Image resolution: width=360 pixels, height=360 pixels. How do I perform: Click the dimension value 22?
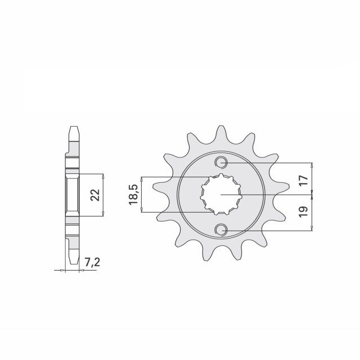95,195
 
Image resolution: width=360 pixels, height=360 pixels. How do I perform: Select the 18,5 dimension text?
133,194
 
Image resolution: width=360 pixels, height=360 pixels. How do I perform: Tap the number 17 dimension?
303,181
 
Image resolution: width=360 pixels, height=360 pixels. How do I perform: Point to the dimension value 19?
303,211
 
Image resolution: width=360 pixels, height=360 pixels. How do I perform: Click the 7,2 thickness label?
92,262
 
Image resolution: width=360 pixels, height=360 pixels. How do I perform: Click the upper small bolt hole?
221,163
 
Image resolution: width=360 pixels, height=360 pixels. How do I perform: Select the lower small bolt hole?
221,229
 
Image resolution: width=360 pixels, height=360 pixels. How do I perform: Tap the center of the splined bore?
221,195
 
